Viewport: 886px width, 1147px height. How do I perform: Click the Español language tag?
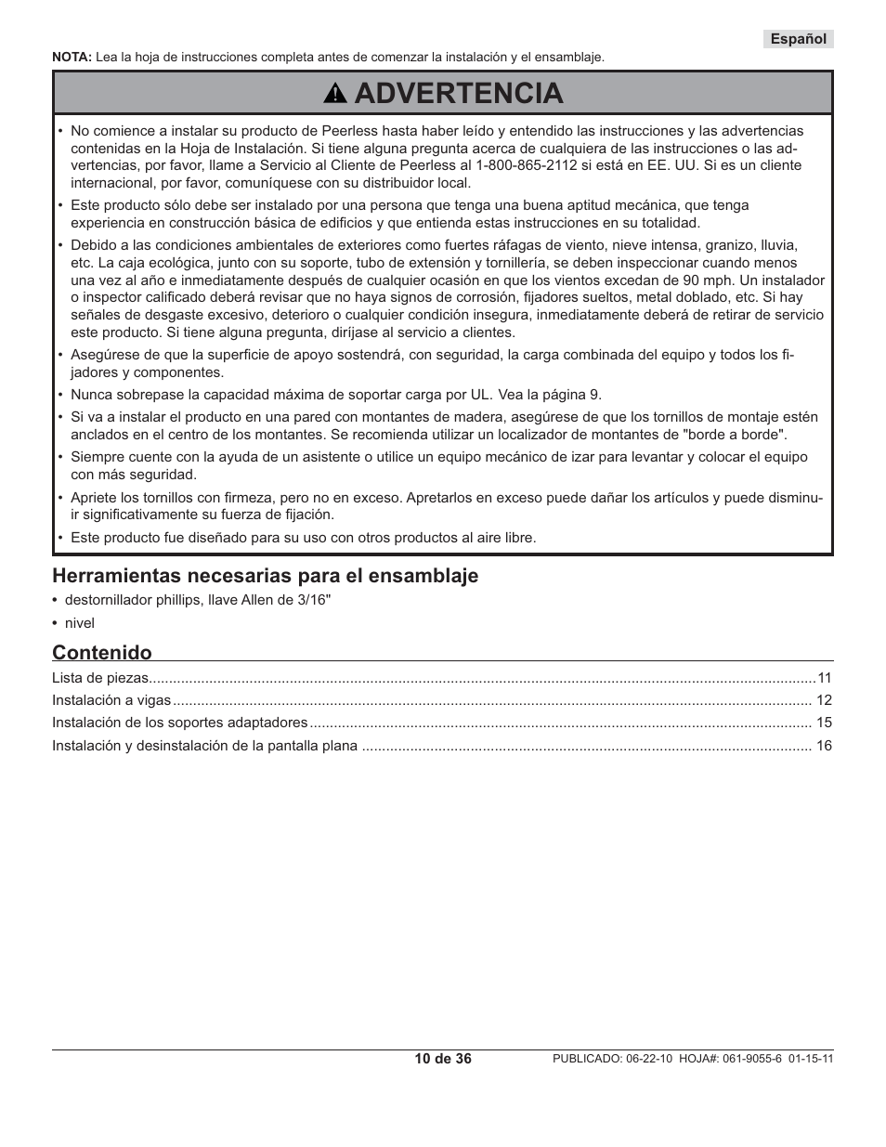coord(798,39)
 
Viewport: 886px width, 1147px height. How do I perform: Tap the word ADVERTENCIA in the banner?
coord(458,93)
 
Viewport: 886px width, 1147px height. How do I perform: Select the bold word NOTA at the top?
coord(71,58)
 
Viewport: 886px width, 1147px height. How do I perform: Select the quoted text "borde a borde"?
coord(745,434)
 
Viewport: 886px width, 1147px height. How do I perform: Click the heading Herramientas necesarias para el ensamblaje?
coord(265,576)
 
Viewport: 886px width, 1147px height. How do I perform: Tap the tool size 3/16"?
coord(311,600)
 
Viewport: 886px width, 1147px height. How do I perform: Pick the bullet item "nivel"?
coord(80,623)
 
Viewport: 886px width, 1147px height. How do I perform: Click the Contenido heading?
coord(101,652)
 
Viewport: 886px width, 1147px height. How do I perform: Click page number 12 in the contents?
coord(824,700)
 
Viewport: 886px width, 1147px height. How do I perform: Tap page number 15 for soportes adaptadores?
coord(824,723)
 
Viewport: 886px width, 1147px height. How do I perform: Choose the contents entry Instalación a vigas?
coord(111,700)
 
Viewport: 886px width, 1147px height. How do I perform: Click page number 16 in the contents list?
coord(824,746)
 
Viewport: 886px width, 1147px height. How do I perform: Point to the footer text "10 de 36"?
coord(443,1059)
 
